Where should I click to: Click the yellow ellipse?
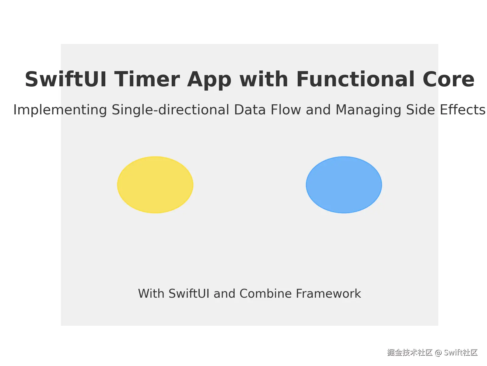pyautogui.click(x=155, y=185)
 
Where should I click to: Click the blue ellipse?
pyautogui.click(x=344, y=185)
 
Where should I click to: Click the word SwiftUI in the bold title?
pyautogui.click(x=66, y=80)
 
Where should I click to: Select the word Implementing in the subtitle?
pyautogui.click(x=60, y=110)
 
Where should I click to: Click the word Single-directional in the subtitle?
pyautogui.click(x=170, y=110)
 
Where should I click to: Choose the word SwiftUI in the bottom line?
pyautogui.click(x=189, y=294)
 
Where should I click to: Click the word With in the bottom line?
pyautogui.click(x=151, y=294)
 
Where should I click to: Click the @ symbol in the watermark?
pyautogui.click(x=438, y=353)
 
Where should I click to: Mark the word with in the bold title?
pyautogui.click(x=264, y=80)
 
